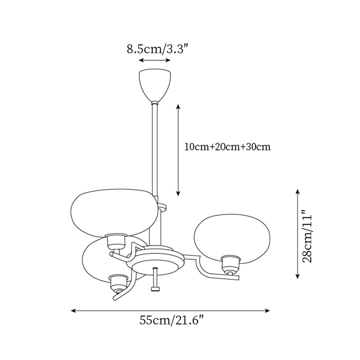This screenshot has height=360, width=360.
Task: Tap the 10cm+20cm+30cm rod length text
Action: pyautogui.click(x=227, y=147)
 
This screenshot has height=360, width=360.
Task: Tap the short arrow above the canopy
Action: pyautogui.click(x=154, y=60)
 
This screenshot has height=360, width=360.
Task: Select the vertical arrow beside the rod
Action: pyautogui.click(x=178, y=150)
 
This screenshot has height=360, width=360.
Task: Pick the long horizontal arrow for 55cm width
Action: pyautogui.click(x=170, y=310)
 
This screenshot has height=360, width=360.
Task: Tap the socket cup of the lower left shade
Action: pyautogui.click(x=118, y=283)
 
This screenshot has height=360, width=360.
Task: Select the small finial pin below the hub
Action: pyautogui.click(x=155, y=281)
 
